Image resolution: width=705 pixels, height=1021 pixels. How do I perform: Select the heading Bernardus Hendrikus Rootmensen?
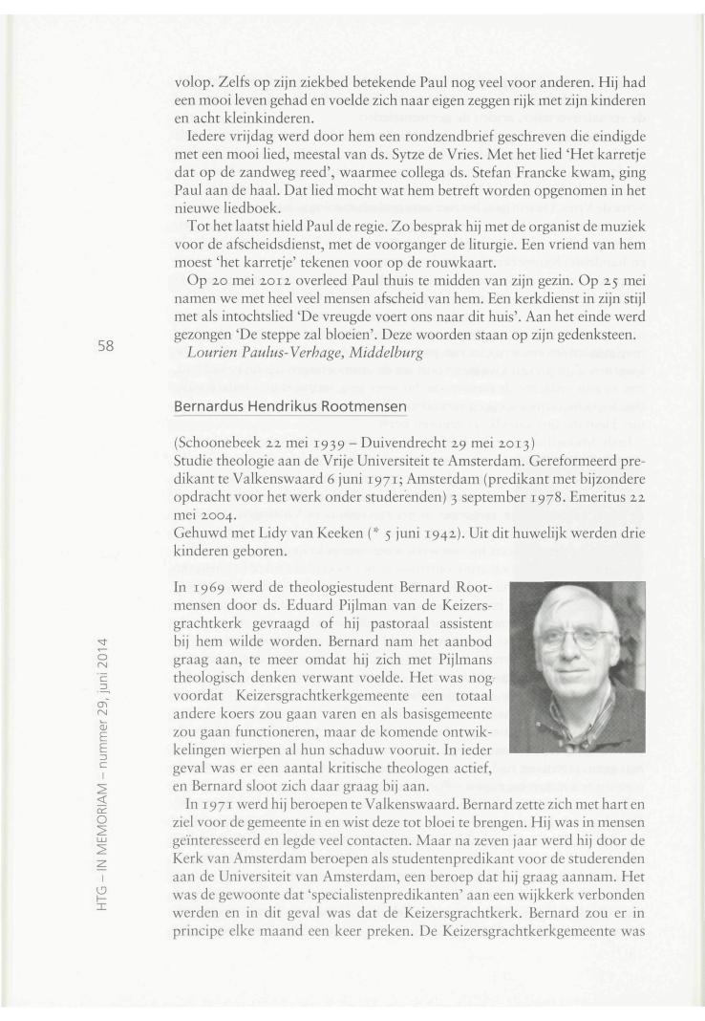tap(290, 406)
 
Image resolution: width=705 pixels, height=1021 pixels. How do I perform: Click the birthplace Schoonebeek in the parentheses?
tap(221, 443)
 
